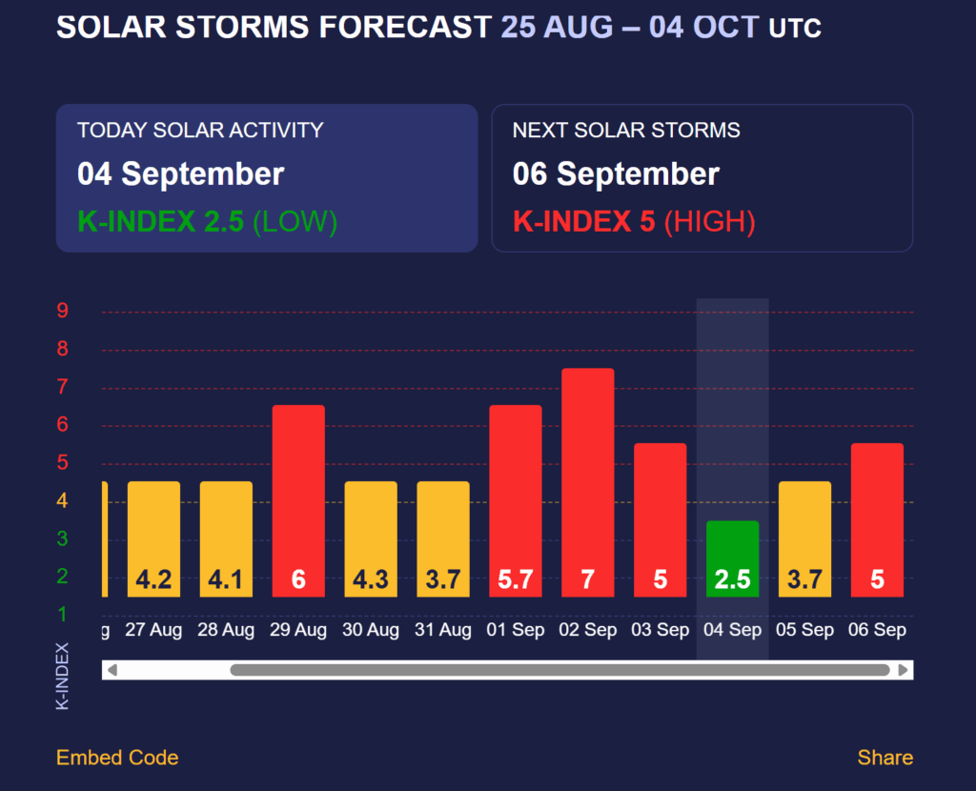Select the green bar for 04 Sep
pos(732,558)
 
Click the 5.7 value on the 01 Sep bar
pos(516,579)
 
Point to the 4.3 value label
pos(371,579)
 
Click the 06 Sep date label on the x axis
pos(877,630)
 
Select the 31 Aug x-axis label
pos(443,630)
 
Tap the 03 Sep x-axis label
pos(660,630)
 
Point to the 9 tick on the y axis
pos(62,311)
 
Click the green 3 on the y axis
pos(62,539)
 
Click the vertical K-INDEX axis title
pos(63,676)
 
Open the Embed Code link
pos(117,758)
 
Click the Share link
pos(884,758)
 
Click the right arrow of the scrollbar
pos(903,670)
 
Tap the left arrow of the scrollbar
pos(112,670)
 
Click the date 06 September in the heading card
pos(616,174)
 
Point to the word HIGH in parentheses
pos(709,222)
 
